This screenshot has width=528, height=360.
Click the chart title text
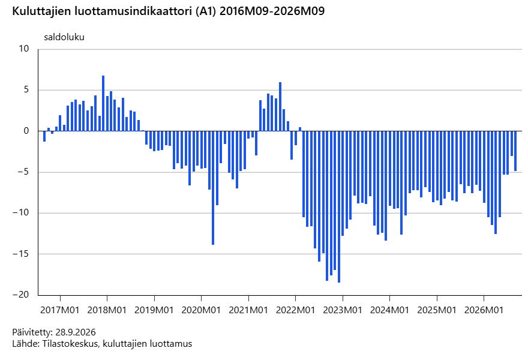point(169,11)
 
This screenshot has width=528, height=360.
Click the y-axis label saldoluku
point(64,37)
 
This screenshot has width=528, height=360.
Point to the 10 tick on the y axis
point(24,49)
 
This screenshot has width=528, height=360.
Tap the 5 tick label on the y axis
point(26,90)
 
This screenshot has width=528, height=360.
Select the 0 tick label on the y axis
point(26,131)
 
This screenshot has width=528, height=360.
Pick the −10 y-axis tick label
point(21,213)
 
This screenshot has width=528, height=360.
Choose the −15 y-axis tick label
point(21,254)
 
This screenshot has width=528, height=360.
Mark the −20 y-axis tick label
point(21,295)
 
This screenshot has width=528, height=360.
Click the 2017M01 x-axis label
point(60,310)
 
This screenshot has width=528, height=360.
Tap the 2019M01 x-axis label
point(154,310)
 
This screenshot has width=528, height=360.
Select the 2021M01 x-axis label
point(248,310)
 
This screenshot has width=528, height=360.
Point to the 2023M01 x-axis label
point(343,310)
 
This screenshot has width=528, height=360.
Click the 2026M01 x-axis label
point(484,310)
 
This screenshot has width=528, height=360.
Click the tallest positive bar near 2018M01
point(103,103)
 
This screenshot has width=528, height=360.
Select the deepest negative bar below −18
point(339,207)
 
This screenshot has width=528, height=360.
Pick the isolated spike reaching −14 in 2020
point(213,188)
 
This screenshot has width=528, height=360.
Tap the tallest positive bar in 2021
point(280,107)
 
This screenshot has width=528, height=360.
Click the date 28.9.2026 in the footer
point(76,332)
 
